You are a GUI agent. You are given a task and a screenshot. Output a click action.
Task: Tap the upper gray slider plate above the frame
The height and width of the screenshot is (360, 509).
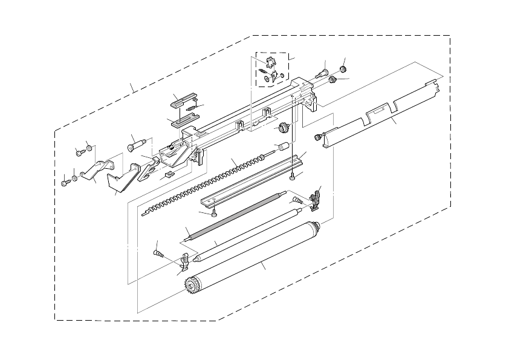pos(183,99)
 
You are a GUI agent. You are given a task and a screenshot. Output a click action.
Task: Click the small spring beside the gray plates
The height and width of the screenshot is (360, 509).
pos(192,108)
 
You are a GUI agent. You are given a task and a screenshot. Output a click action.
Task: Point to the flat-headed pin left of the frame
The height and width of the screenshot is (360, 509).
pos(136,145)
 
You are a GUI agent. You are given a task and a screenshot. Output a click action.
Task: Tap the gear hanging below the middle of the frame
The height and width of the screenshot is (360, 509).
pos(282,127)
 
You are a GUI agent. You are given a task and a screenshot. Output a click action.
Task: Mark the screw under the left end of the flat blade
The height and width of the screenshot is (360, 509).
pos(215,212)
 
